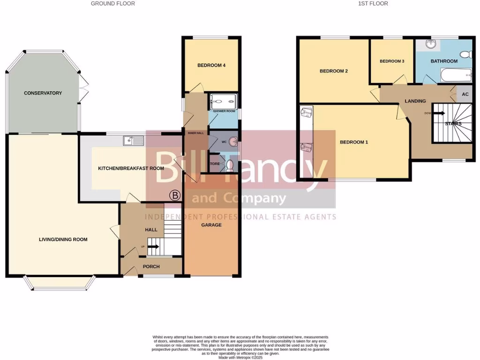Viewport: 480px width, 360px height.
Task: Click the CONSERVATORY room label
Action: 43,93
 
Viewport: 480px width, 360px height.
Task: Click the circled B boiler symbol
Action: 175,195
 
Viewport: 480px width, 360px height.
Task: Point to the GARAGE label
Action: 211,225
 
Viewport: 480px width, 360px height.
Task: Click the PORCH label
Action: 151,267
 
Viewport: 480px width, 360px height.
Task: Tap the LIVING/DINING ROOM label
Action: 63,240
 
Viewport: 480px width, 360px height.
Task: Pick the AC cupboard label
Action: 465,94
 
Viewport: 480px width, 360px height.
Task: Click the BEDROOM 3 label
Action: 391,61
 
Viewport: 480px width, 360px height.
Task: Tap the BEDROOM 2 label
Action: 333,71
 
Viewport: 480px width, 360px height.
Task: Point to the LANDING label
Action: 415,101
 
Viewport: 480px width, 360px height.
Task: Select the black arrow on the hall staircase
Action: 154,245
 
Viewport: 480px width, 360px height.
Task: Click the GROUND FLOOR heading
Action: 112,4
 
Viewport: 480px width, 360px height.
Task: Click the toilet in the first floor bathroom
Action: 466,55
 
